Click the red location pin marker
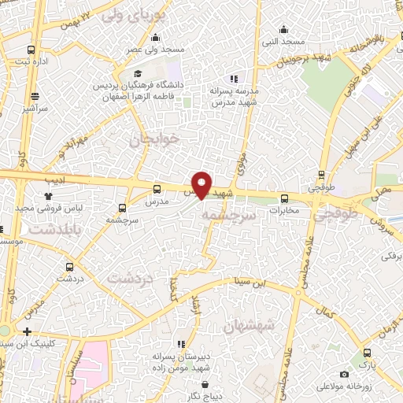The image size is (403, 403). coord(201,185)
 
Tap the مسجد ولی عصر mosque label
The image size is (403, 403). coord(157,50)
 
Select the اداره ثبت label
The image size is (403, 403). coord(34,61)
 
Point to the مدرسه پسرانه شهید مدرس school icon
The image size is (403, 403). coord(232,79)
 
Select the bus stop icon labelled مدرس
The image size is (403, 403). coord(157,189)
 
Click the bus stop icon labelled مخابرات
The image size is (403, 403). coord(285,198)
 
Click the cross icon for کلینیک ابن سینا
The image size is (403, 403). coord(28,331)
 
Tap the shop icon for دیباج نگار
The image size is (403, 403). coord(205,386)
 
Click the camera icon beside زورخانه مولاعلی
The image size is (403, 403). coord(344,375)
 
